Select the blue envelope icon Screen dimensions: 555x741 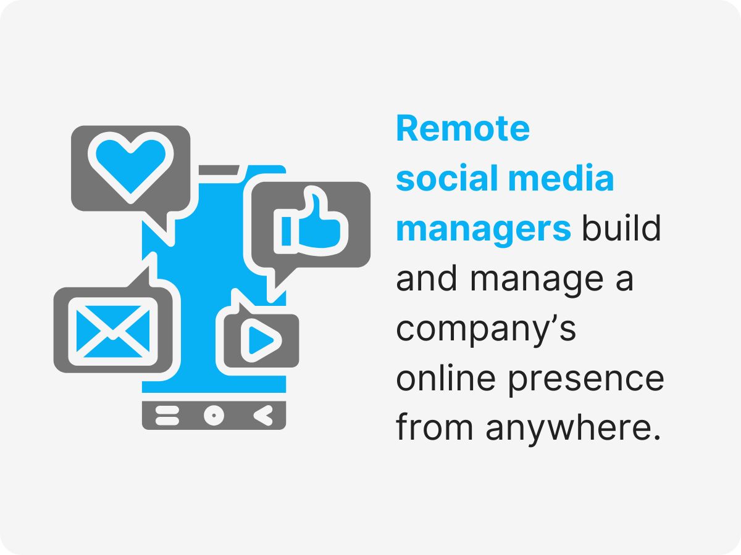tap(113, 331)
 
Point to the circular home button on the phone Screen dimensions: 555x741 tap(214, 416)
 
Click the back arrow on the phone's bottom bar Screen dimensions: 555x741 tap(263, 416)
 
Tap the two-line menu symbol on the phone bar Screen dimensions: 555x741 tap(166, 416)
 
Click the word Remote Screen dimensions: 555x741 tap(463, 129)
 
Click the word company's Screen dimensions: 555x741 tap(486, 330)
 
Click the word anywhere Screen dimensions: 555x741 tap(569, 429)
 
